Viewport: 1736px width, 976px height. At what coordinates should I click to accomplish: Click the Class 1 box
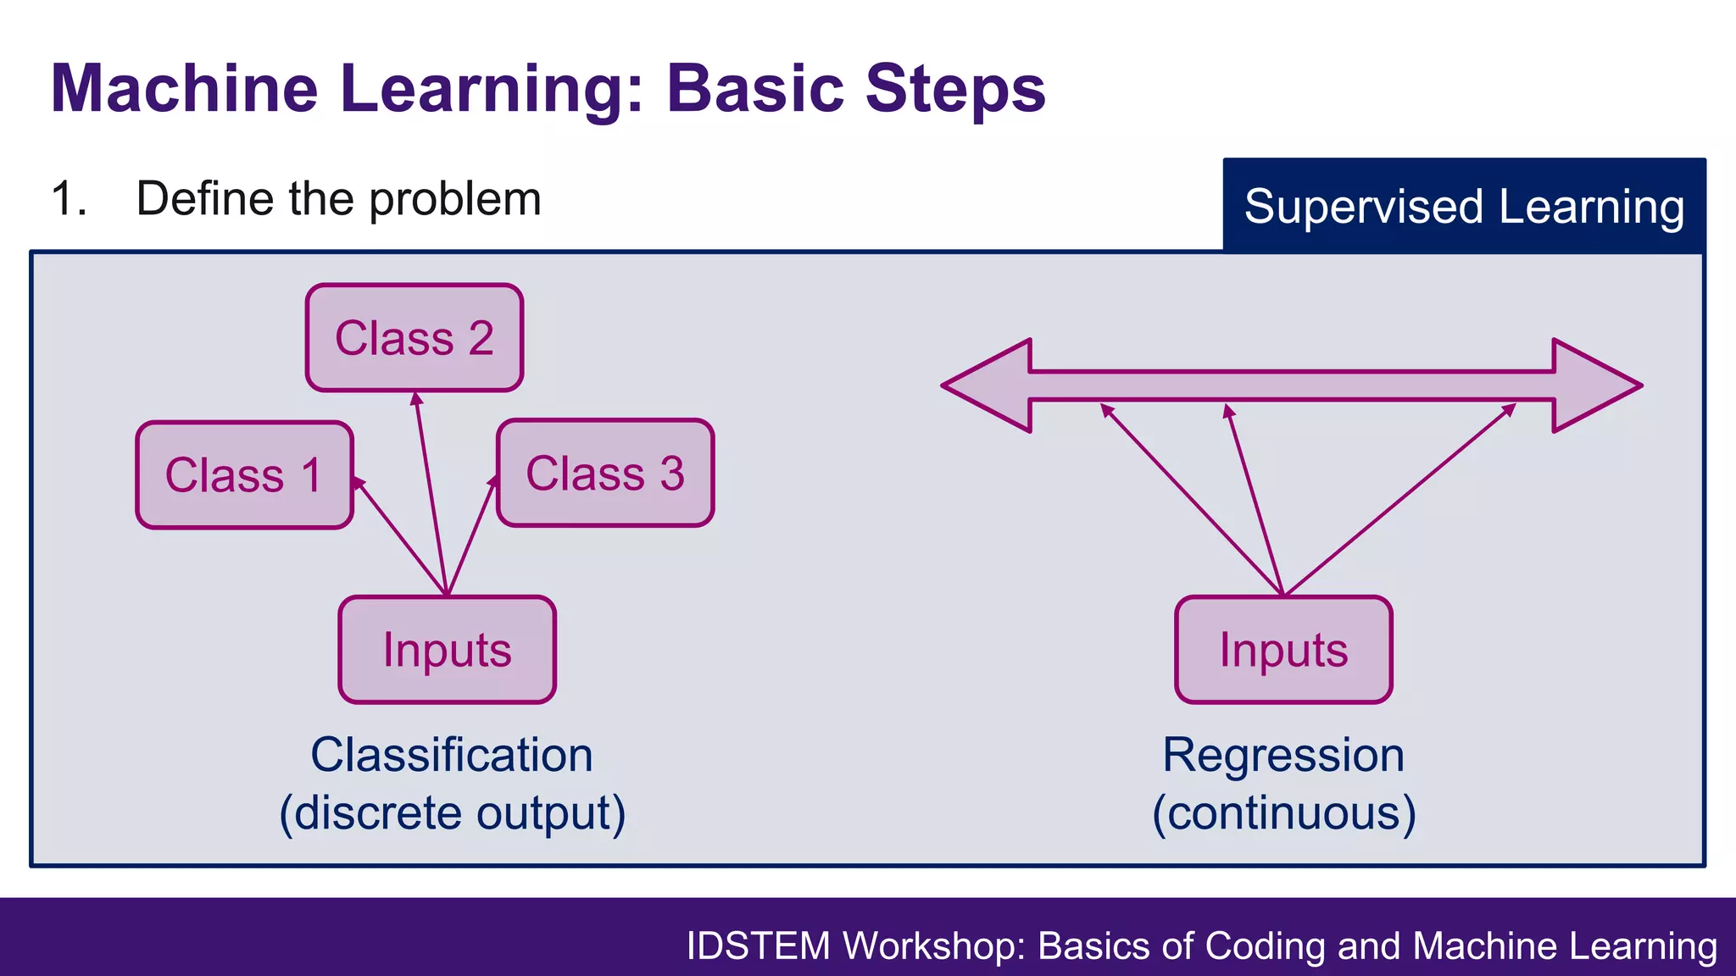click(244, 475)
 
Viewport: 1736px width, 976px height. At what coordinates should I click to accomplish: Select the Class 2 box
click(414, 338)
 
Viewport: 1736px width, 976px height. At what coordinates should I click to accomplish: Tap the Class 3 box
click(605, 473)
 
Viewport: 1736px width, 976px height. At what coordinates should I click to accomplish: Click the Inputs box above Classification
click(447, 650)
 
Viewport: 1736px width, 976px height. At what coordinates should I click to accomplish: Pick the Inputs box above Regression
click(1283, 650)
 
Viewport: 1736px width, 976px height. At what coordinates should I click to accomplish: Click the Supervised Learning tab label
click(1464, 206)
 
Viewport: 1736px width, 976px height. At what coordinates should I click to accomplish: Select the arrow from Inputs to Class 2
click(431, 491)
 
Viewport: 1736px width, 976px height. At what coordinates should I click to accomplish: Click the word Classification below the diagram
click(452, 755)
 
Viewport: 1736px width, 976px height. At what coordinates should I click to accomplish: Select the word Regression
click(1283, 755)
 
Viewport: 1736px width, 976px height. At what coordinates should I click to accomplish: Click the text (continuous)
click(1283, 813)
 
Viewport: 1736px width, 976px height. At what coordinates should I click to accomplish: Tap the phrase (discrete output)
click(452, 813)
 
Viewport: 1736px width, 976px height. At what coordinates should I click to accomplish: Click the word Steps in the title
click(955, 88)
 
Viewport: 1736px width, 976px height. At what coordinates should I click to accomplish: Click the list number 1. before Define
click(69, 199)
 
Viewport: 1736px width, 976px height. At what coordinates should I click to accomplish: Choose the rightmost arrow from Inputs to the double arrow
click(1399, 500)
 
